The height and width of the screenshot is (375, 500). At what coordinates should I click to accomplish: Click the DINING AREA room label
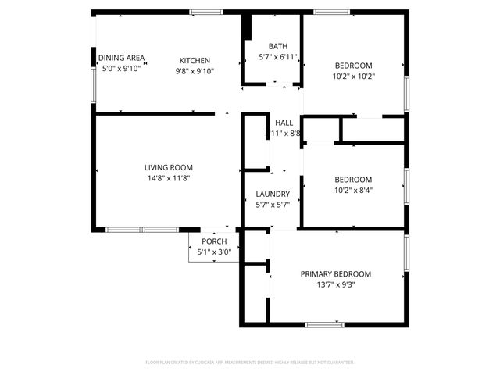(x=121, y=58)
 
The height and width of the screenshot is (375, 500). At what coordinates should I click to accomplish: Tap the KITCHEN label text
(x=195, y=61)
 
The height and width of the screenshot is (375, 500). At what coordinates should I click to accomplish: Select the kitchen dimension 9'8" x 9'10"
(x=195, y=71)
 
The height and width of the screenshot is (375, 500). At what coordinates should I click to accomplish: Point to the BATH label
(x=277, y=46)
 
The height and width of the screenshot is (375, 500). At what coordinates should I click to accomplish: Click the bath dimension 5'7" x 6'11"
(x=277, y=56)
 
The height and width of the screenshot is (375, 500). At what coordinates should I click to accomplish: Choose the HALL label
(x=284, y=123)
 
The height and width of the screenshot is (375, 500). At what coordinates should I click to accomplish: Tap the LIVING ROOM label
(x=168, y=167)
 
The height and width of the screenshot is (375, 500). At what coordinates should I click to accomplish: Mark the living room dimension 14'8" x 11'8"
(x=168, y=178)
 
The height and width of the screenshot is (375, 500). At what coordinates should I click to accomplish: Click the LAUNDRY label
(x=273, y=194)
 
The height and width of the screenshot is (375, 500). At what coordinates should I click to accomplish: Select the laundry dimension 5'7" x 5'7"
(x=273, y=205)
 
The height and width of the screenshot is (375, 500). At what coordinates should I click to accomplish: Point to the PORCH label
(x=214, y=241)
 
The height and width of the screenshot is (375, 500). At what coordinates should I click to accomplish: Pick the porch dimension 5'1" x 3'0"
(x=214, y=252)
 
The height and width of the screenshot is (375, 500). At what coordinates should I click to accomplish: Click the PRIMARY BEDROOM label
(x=336, y=274)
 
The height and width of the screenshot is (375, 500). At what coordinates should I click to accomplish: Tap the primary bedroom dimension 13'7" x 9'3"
(x=336, y=284)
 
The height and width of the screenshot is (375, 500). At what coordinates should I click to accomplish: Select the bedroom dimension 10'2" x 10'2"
(x=353, y=77)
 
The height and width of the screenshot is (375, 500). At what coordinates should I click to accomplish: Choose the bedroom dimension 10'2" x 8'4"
(x=353, y=190)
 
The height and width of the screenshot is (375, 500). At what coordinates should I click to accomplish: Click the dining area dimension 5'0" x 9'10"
(x=120, y=69)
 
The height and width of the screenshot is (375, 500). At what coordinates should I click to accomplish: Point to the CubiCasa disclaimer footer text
(x=250, y=362)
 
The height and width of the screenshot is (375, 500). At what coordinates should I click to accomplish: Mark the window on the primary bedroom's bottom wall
(x=324, y=324)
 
